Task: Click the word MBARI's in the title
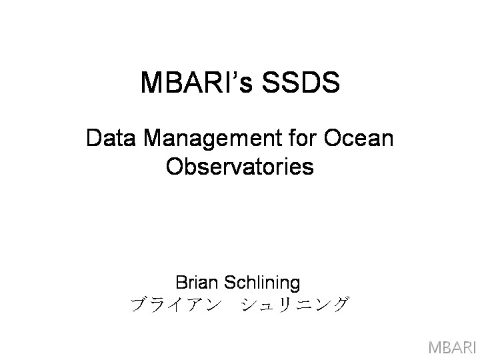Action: click(197, 82)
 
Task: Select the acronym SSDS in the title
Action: click(301, 82)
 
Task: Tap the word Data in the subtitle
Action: click(111, 138)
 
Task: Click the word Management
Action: click(213, 139)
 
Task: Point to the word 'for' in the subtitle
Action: click(303, 137)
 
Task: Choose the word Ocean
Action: click(359, 138)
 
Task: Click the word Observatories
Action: click(240, 166)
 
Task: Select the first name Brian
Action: click(197, 282)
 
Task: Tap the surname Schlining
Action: click(262, 283)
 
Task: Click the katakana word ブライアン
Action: click(176, 305)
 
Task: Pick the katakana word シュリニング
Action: click(295, 305)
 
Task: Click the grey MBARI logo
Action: click(451, 347)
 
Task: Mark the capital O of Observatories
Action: click(175, 166)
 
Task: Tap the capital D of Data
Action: click(94, 138)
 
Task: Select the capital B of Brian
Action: click(181, 282)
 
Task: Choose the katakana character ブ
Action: click(139, 305)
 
